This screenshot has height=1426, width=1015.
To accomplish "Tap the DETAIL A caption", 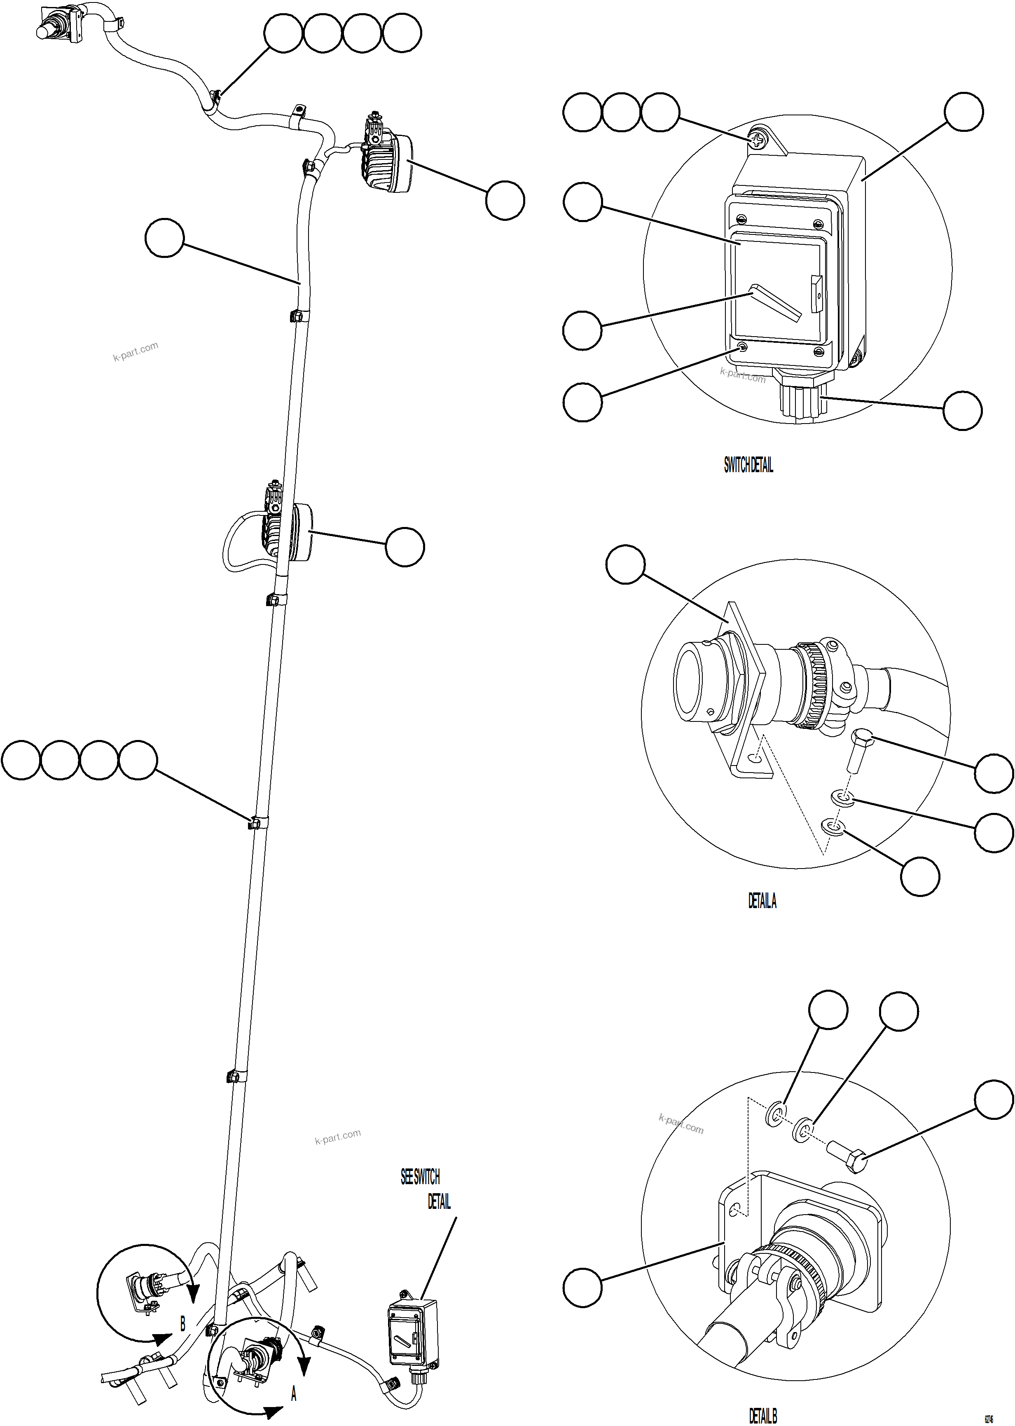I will click(x=762, y=901).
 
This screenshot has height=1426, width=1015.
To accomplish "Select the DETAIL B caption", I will click(x=762, y=1415).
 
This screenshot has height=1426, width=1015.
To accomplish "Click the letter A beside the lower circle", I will click(x=293, y=1393).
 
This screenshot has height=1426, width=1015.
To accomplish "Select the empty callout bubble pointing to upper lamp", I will click(x=505, y=200).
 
